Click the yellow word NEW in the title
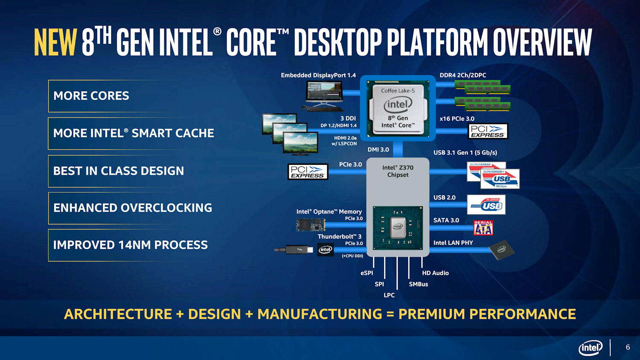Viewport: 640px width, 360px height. pyautogui.click(x=55, y=42)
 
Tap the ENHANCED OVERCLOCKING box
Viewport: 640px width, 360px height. pyautogui.click(x=132, y=208)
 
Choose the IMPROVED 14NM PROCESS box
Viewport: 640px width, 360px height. pyautogui.click(x=130, y=245)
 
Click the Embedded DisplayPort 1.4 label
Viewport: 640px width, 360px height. pyautogui.click(x=318, y=75)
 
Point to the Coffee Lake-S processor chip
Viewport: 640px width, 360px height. pyautogui.click(x=398, y=108)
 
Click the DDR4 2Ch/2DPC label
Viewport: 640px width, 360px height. pyautogui.click(x=463, y=75)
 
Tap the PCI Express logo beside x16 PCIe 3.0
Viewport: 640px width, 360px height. pyautogui.click(x=488, y=131)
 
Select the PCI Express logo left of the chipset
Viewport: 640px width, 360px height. pyautogui.click(x=308, y=172)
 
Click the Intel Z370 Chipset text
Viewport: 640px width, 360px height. pyautogui.click(x=398, y=171)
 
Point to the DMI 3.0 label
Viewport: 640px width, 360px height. pyautogui.click(x=378, y=150)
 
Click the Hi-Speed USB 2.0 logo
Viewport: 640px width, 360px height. pyautogui.click(x=486, y=205)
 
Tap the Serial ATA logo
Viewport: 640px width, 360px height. pyautogui.click(x=483, y=228)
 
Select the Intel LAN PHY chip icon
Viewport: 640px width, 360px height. pyautogui.click(x=501, y=250)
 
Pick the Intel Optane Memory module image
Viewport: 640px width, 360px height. pyautogui.click(x=310, y=225)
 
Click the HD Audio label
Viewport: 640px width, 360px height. pyautogui.click(x=435, y=273)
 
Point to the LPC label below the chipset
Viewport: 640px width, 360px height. pyautogui.click(x=389, y=295)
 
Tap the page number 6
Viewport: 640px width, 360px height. pyautogui.click(x=628, y=347)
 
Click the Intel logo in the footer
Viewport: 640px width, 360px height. pyautogui.click(x=590, y=348)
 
